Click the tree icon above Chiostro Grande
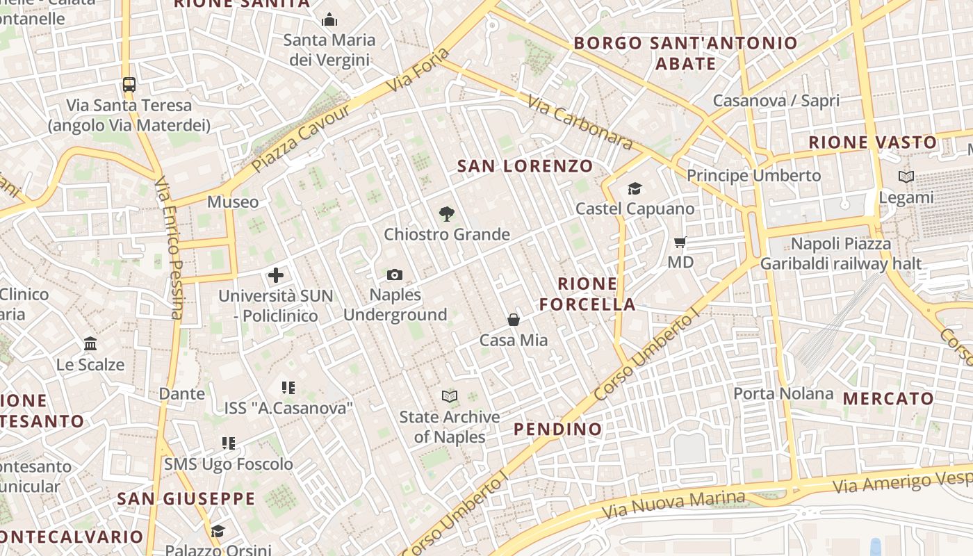[x=447, y=214]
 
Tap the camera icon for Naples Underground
[x=395, y=275]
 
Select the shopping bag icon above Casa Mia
[x=514, y=320]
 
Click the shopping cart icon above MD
[x=680, y=243]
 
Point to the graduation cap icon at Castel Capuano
[x=635, y=188]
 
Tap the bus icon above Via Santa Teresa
[x=129, y=85]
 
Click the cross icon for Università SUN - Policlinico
[x=276, y=275]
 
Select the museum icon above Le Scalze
[x=90, y=344]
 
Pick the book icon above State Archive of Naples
[x=450, y=397]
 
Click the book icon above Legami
[x=906, y=177]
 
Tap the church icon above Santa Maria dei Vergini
[x=329, y=19]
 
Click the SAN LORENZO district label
[x=525, y=166]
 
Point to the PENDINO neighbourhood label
[x=558, y=429]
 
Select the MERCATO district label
[x=889, y=398]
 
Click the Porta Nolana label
[x=783, y=393]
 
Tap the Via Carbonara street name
[x=580, y=123]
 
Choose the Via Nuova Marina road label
[x=673, y=505]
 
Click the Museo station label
[x=233, y=202]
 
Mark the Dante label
[x=182, y=393]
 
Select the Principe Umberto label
[x=754, y=175]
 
